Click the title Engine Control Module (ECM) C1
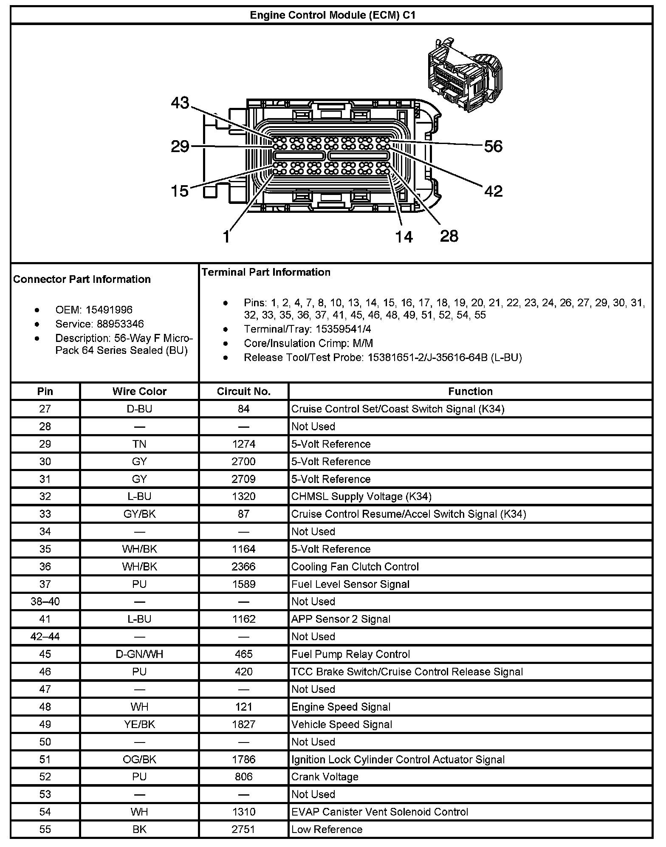[x=332, y=15]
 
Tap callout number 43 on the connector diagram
[x=180, y=103]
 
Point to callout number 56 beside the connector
[x=493, y=147]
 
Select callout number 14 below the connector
[x=404, y=237]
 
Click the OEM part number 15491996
[x=109, y=310]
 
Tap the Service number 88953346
[x=120, y=324]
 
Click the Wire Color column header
[x=139, y=391]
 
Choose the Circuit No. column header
[x=243, y=391]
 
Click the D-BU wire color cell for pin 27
[x=139, y=409]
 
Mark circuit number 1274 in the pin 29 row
[x=243, y=444]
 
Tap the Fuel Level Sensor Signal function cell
[x=350, y=584]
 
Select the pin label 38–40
[x=45, y=601]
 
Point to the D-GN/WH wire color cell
[x=139, y=654]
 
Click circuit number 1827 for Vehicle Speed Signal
[x=243, y=724]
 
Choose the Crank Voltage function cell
[x=325, y=777]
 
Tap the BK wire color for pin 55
[x=139, y=830]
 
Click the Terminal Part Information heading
[x=266, y=272]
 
